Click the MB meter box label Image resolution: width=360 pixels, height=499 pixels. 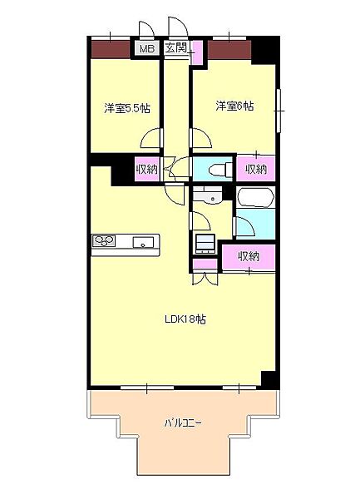(x=147, y=49)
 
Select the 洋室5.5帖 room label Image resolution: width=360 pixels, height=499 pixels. (x=127, y=109)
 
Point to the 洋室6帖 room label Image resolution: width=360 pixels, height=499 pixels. (x=234, y=106)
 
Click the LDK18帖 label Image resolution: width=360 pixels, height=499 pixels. (x=185, y=319)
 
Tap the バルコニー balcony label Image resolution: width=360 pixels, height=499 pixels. (x=183, y=423)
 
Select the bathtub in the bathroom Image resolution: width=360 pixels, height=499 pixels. (x=256, y=198)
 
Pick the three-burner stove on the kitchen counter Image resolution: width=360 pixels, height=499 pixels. (x=104, y=240)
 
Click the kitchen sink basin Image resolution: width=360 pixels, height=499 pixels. (x=143, y=243)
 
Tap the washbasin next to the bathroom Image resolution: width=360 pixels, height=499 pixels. (x=207, y=195)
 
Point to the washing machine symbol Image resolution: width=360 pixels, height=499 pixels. (x=205, y=244)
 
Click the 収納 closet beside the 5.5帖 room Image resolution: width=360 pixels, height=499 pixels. (x=147, y=169)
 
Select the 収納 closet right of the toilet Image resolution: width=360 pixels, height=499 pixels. (x=256, y=169)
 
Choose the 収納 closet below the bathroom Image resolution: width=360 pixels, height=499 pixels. (x=249, y=256)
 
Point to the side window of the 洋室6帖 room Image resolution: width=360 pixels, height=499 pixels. (x=279, y=111)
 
